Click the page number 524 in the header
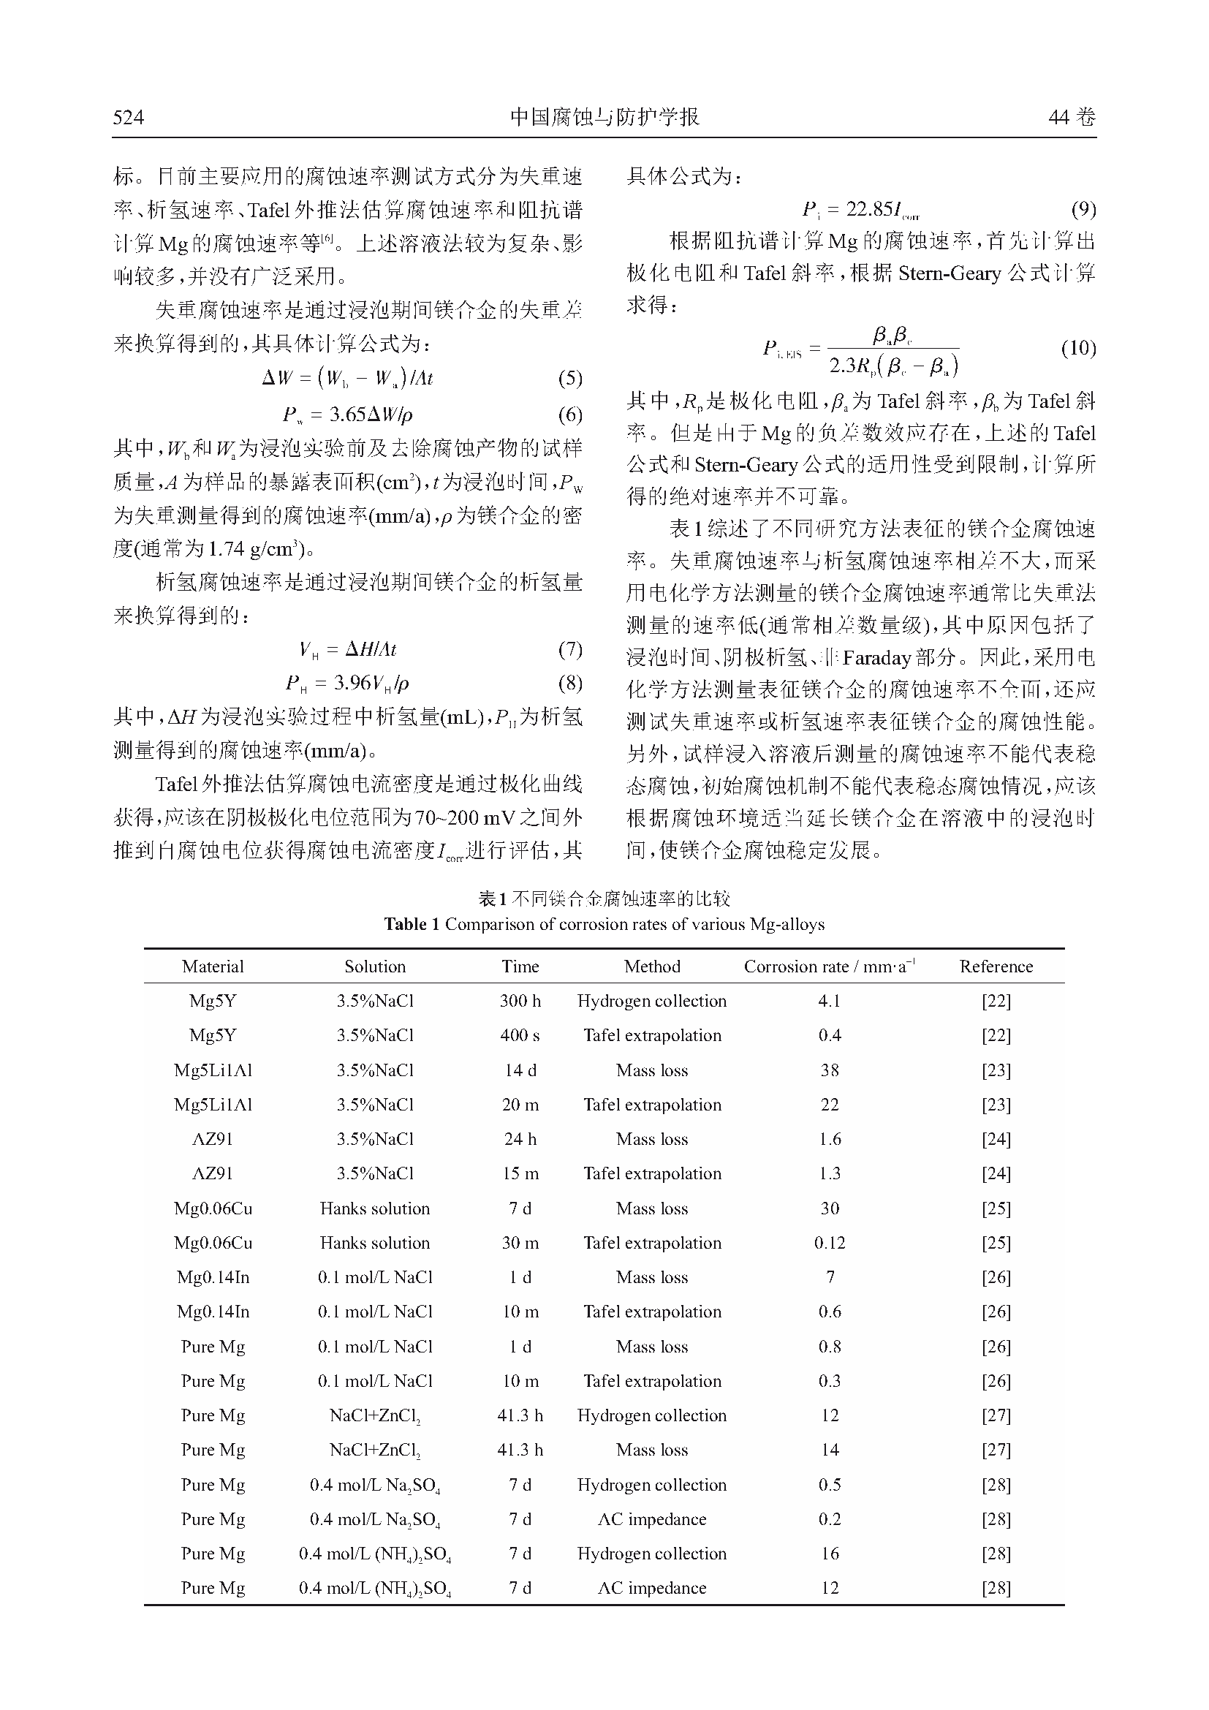[128, 117]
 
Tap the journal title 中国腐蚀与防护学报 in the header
[604, 117]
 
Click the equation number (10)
[1078, 348]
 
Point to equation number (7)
[569, 649]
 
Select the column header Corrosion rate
[829, 966]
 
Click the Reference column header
[996, 966]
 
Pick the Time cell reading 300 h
[520, 1001]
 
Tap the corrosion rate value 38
[830, 1070]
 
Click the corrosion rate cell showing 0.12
[830, 1243]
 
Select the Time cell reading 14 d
[520, 1070]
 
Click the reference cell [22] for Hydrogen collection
[996, 1001]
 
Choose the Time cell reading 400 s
[520, 1035]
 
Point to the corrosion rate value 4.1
[830, 1001]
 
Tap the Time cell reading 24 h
[520, 1140]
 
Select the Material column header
[213, 966]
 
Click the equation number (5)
[569, 379]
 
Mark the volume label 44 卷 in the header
[1072, 117]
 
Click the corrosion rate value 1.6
[830, 1140]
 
